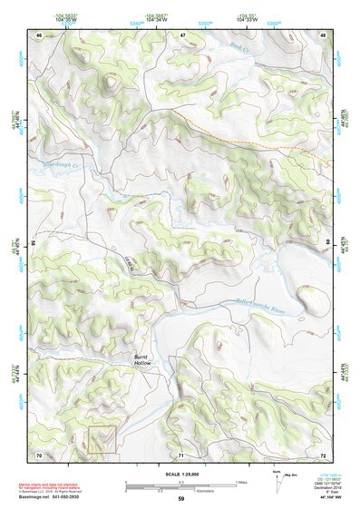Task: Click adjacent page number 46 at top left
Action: (x=38, y=34)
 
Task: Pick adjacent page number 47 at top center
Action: (x=181, y=34)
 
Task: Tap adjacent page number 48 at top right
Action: (x=324, y=34)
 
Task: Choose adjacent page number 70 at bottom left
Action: (x=38, y=454)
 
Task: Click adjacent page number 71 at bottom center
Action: (x=181, y=454)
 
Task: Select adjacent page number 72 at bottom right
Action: (x=324, y=454)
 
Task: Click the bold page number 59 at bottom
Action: (x=180, y=499)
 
